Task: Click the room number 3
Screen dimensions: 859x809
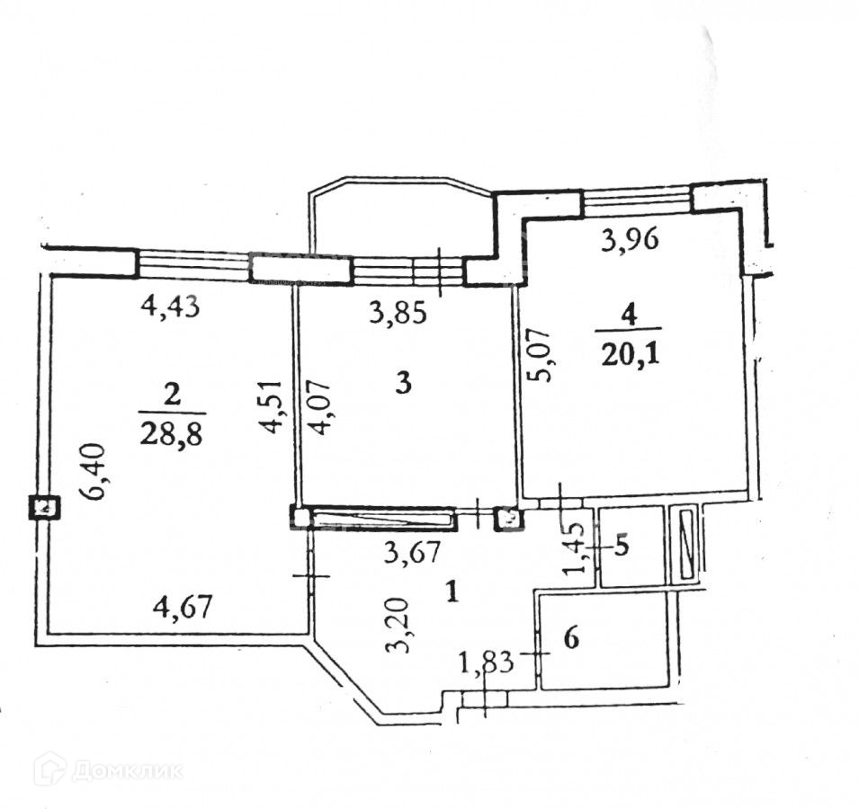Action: [x=404, y=385]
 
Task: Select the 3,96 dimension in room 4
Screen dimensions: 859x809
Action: [x=630, y=239]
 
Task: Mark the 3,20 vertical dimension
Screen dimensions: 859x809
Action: [x=405, y=626]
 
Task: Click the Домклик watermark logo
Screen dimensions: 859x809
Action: [x=108, y=769]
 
